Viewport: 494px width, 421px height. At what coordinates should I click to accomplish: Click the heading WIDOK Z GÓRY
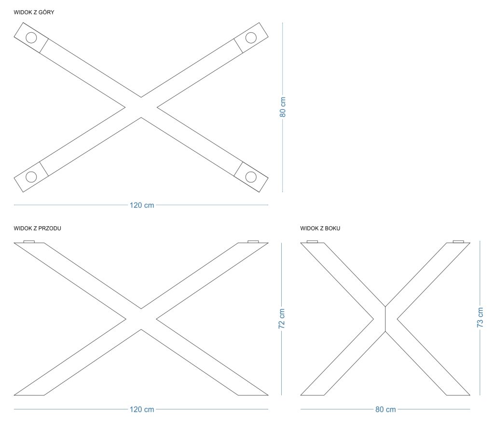(34, 12)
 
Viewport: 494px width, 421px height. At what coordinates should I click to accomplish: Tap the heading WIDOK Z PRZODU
(37, 228)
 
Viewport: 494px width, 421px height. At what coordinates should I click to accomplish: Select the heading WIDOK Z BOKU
(320, 228)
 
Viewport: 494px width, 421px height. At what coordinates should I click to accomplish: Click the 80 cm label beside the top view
(283, 107)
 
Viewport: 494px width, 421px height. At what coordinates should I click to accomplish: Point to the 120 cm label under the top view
(142, 205)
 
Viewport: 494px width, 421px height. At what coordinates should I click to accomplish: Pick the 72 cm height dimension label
(282, 319)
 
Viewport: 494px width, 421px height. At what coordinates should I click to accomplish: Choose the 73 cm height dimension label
(480, 317)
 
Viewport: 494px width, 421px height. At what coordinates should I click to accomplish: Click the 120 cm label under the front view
(142, 409)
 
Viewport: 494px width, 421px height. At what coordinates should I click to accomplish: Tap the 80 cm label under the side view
(385, 409)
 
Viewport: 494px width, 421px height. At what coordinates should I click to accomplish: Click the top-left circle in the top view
(31, 38)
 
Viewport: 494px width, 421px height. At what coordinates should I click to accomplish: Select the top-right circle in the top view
(251, 38)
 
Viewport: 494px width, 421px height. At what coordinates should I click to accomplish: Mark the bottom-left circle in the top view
(31, 177)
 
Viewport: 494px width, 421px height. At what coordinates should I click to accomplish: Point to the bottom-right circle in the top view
(251, 177)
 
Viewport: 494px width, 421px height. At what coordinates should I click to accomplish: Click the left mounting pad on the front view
(29, 242)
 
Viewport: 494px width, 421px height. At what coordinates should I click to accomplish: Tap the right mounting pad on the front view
(253, 242)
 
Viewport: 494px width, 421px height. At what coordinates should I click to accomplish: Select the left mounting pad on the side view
(312, 242)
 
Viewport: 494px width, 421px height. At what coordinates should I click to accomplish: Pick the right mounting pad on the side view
(458, 242)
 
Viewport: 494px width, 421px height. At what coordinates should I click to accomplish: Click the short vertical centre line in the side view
(385, 319)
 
